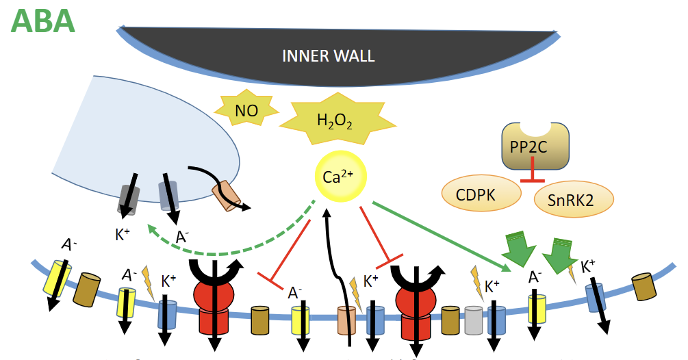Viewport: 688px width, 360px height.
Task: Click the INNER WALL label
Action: coord(329,55)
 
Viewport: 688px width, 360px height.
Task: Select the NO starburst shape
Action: coord(246,110)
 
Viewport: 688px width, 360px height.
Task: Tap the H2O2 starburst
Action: coord(335,122)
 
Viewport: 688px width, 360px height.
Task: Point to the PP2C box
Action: coord(534,146)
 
